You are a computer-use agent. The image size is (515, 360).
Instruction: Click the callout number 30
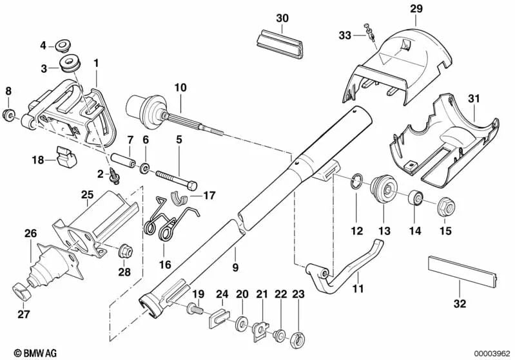point(283,18)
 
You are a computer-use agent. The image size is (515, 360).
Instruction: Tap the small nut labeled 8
point(9,116)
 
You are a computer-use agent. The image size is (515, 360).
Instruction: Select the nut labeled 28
point(124,249)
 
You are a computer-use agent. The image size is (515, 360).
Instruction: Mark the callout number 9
point(235,265)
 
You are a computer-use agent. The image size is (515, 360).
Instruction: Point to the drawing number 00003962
point(491,352)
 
